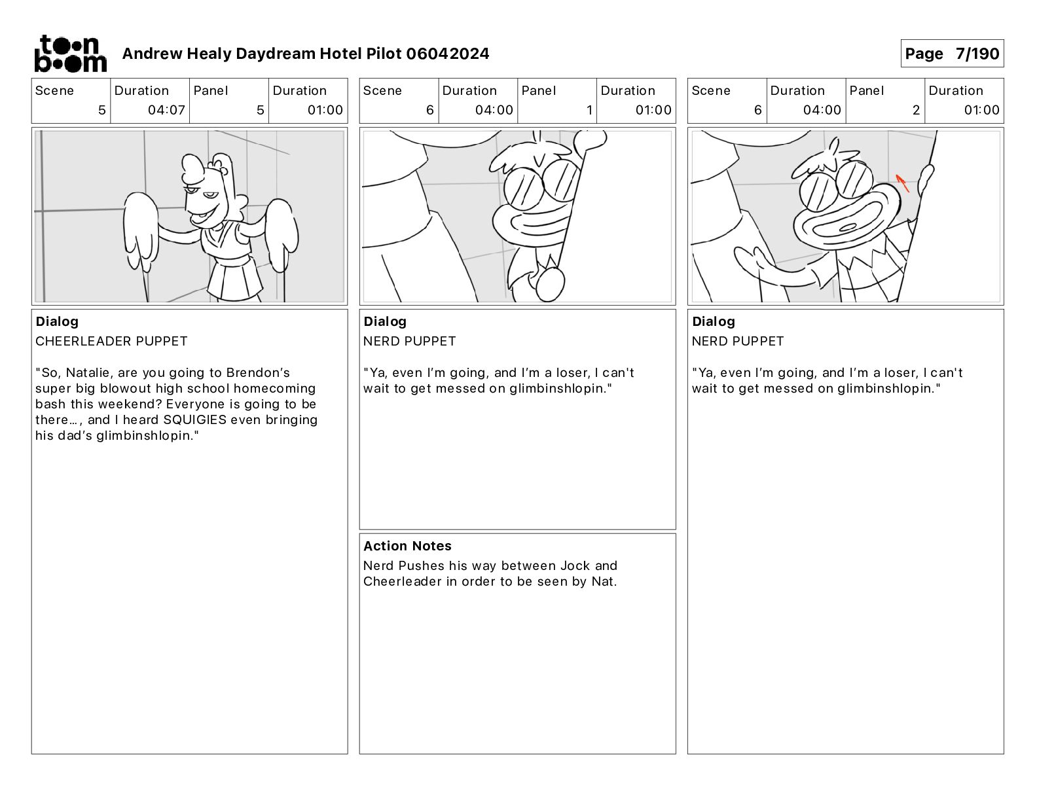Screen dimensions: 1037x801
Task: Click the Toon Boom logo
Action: pyautogui.click(x=71, y=54)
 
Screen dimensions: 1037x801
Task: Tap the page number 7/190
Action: pyautogui.click(x=977, y=54)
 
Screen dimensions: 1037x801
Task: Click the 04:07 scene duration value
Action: pyautogui.click(x=166, y=110)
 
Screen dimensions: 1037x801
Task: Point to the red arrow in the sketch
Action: pyautogui.click(x=902, y=183)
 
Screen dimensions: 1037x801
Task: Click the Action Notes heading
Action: pyautogui.click(x=407, y=546)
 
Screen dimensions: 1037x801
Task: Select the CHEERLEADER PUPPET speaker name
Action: pyautogui.click(x=111, y=341)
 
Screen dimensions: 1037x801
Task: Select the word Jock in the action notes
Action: pyautogui.click(x=575, y=566)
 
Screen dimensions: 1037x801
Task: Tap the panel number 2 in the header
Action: pyautogui.click(x=916, y=110)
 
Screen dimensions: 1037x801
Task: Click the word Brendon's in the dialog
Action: pyautogui.click(x=258, y=372)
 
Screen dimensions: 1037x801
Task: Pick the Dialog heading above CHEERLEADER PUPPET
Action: pyautogui.click(x=57, y=321)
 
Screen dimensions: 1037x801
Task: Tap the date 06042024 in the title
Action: pyautogui.click(x=448, y=54)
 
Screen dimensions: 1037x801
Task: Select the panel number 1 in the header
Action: pyautogui.click(x=589, y=110)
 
